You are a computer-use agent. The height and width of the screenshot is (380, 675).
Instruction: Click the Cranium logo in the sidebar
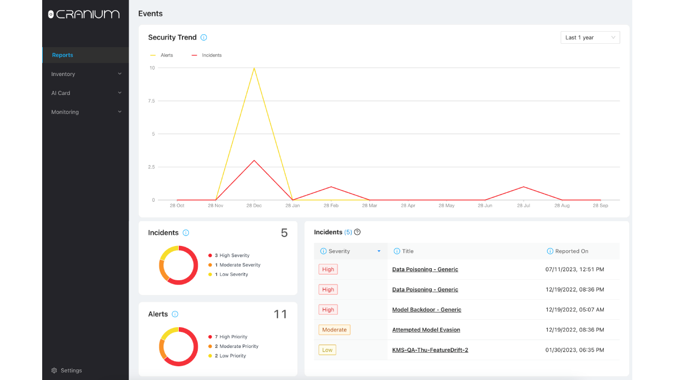tap(84, 14)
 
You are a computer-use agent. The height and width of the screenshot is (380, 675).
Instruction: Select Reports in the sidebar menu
tap(62, 55)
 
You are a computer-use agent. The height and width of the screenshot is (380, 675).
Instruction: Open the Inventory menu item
tap(63, 74)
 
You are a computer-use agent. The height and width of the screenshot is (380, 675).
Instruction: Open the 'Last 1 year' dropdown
tap(590, 37)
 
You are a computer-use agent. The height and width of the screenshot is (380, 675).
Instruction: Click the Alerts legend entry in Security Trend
tap(161, 55)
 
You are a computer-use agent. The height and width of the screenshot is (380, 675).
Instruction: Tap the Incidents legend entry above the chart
tap(207, 55)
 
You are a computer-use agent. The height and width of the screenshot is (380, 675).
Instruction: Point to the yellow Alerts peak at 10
tap(254, 68)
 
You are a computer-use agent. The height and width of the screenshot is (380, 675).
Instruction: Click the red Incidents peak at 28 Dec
tap(254, 160)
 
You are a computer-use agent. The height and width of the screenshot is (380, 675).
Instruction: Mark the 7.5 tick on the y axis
tap(151, 101)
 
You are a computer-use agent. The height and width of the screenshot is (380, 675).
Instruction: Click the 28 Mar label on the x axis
tap(370, 205)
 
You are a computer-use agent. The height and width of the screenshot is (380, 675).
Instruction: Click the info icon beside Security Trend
tap(204, 37)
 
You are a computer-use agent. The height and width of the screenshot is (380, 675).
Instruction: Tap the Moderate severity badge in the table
tap(334, 330)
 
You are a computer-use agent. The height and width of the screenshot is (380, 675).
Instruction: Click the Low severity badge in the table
tap(327, 350)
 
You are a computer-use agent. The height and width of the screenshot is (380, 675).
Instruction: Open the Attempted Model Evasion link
tap(426, 330)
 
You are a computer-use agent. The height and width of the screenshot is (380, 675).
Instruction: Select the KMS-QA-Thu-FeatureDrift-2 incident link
tap(430, 350)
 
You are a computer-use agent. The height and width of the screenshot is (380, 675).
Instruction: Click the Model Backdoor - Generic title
tap(427, 309)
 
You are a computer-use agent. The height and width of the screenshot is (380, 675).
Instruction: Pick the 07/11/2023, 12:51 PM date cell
tap(575, 269)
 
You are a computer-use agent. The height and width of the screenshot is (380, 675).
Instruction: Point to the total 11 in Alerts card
tap(280, 314)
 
